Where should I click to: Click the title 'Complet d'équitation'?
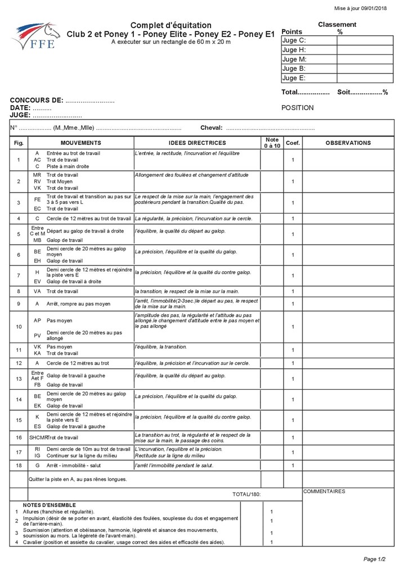click(171, 25)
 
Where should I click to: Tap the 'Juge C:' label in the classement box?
click(294, 40)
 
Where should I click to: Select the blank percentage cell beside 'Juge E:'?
click(364, 78)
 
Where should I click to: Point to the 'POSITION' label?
click(298, 108)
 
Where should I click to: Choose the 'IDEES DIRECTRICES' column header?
click(197, 143)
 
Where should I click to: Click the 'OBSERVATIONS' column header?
click(348, 143)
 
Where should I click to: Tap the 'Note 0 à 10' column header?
click(272, 143)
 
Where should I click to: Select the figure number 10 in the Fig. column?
click(19, 326)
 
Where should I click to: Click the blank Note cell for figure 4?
click(272, 219)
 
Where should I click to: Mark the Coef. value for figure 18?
click(293, 466)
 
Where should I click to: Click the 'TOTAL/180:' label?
click(246, 494)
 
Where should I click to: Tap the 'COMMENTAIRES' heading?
click(324, 492)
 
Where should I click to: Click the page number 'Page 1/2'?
click(374, 558)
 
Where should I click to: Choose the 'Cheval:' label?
click(212, 128)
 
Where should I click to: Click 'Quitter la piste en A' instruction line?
click(78, 479)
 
